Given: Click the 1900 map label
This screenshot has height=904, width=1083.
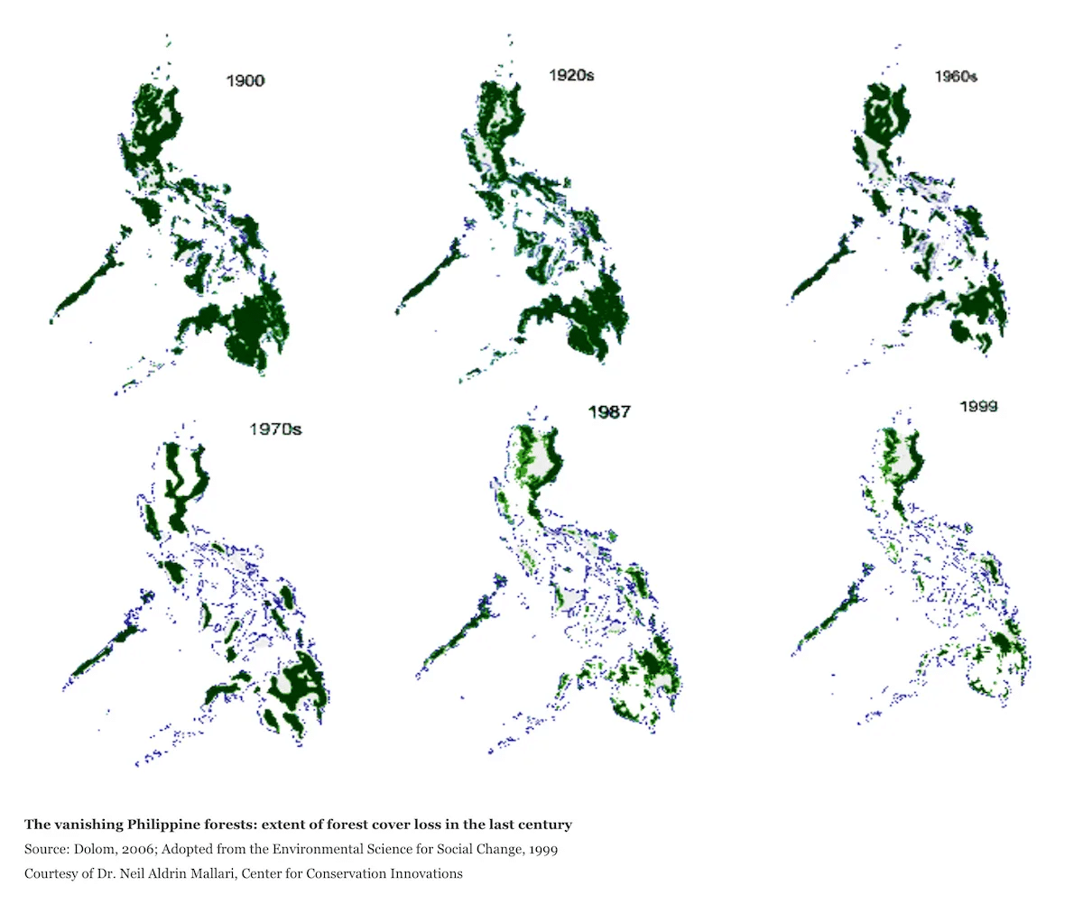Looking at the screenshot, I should pos(245,81).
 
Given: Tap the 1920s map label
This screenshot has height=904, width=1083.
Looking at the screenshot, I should pos(571,76).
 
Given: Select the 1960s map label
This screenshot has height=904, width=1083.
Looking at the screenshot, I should pos(956,77).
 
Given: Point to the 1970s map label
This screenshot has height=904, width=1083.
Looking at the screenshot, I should pos(275,429).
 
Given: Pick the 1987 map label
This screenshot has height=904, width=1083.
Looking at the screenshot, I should pos(609,412).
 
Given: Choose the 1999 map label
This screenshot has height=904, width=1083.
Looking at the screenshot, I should pos(978,407).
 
